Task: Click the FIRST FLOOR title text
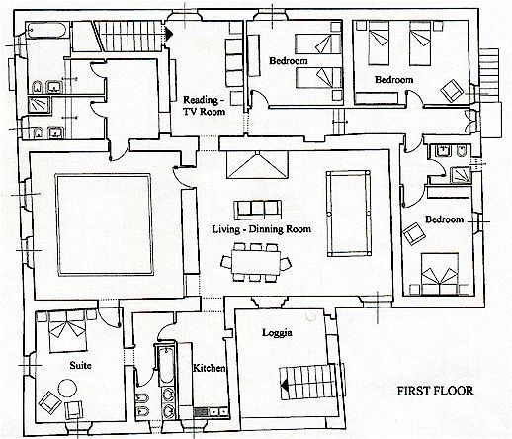pyautogui.click(x=435, y=391)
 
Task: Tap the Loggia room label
pyautogui.click(x=277, y=333)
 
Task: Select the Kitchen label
pyautogui.click(x=210, y=368)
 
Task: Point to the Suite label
pyautogui.click(x=80, y=365)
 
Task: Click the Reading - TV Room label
pyautogui.click(x=204, y=106)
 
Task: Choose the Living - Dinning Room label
pyautogui.click(x=261, y=229)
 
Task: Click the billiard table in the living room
pyautogui.click(x=349, y=214)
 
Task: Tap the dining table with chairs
pyautogui.click(x=256, y=262)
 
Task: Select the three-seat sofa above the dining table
pyautogui.click(x=258, y=210)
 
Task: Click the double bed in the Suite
pyautogui.click(x=68, y=330)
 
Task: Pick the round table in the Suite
pyautogui.click(x=68, y=389)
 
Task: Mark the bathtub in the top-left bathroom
pyautogui.click(x=46, y=31)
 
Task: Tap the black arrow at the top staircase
pyautogui.click(x=168, y=33)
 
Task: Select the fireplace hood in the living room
pyautogui.click(x=257, y=165)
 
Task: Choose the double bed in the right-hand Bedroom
pyautogui.click(x=440, y=274)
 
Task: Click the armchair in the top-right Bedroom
pyautogui.click(x=452, y=90)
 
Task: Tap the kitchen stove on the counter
pyautogui.click(x=201, y=411)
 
